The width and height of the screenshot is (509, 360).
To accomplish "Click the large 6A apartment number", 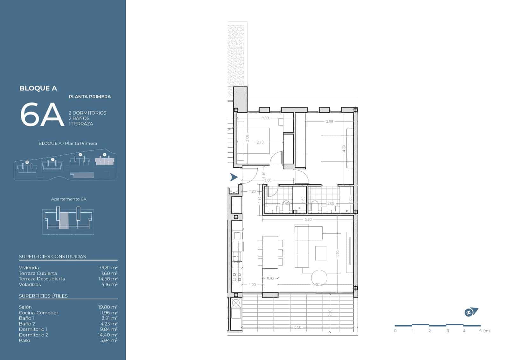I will coord(42,115).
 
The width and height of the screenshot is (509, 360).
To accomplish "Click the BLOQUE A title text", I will coord(38,88).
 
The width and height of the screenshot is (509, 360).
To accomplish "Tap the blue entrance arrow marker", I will coord(234,177).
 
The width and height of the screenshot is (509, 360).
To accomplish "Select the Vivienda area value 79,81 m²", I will coord(108,268).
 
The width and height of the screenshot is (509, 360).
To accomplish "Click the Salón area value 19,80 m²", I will coord(108,307).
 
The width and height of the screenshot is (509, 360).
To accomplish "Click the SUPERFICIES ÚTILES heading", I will coord(43,296).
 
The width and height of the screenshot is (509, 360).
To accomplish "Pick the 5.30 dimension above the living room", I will coord(308,219).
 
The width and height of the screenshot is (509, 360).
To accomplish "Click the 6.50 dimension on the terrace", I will coord(297,327).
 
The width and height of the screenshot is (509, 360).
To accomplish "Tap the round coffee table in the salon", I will coord(319,278).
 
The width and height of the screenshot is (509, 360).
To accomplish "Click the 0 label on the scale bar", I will coord(395,331).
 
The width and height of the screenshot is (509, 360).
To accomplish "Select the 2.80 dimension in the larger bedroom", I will coord(329,121).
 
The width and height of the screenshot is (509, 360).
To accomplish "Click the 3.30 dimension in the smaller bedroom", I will coord(265,118).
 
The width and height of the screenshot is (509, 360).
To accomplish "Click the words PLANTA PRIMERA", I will coord(90,97).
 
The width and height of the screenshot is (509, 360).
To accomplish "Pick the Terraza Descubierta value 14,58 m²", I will coord(108,279).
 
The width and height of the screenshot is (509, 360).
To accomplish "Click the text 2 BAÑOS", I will coord(79,118).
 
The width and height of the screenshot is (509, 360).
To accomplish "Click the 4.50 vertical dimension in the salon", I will coord(338,254).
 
